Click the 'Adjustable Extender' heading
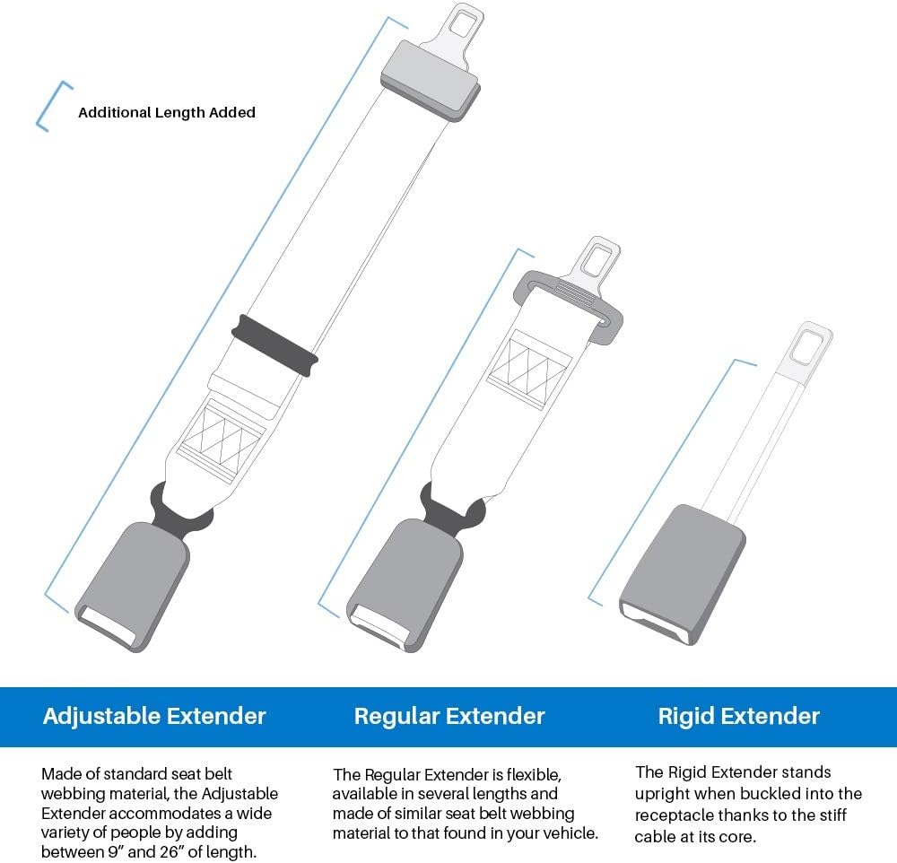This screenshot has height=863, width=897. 154,716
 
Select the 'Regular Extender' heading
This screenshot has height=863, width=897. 449,716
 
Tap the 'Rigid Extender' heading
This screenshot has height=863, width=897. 738,716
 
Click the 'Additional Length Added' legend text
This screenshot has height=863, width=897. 167,113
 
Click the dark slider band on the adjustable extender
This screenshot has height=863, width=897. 275,344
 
